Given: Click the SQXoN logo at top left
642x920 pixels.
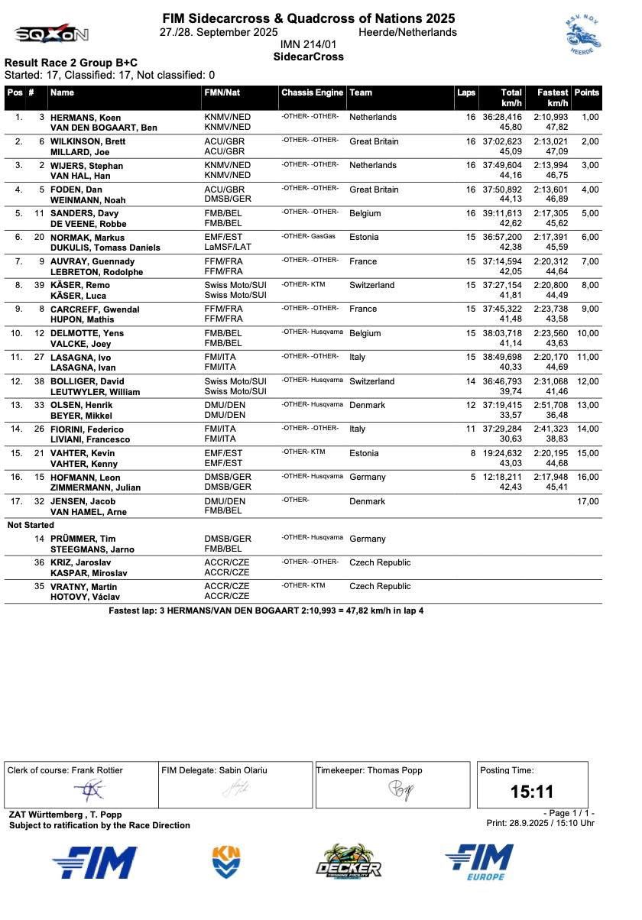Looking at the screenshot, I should [x=51, y=34].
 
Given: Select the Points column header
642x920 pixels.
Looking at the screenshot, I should [x=586, y=92].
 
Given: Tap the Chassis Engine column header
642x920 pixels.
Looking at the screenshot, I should [x=312, y=92].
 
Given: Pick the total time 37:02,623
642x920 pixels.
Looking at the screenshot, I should [x=502, y=141].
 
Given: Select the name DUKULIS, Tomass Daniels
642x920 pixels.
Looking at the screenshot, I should [x=105, y=248].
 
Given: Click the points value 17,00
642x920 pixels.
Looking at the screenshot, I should [x=588, y=501].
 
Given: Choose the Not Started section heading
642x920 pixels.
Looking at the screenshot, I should [x=31, y=525].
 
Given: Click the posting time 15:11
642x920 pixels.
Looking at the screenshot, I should [x=532, y=792].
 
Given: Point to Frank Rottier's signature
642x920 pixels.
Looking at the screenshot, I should [x=90, y=790].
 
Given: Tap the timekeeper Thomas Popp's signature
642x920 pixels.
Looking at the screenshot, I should [x=400, y=789].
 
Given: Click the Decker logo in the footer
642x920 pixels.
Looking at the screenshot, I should [x=349, y=862].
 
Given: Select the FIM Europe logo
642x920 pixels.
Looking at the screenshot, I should [x=480, y=862].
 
